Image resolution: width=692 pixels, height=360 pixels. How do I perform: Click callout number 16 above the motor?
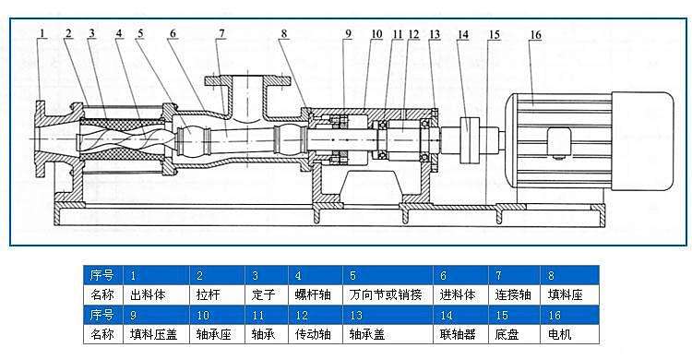point(535,35)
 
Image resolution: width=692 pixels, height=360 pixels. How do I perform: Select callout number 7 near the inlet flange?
point(221,34)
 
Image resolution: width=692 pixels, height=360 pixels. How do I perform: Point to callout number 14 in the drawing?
point(463,35)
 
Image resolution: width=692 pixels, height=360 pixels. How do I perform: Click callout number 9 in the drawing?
point(349,34)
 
